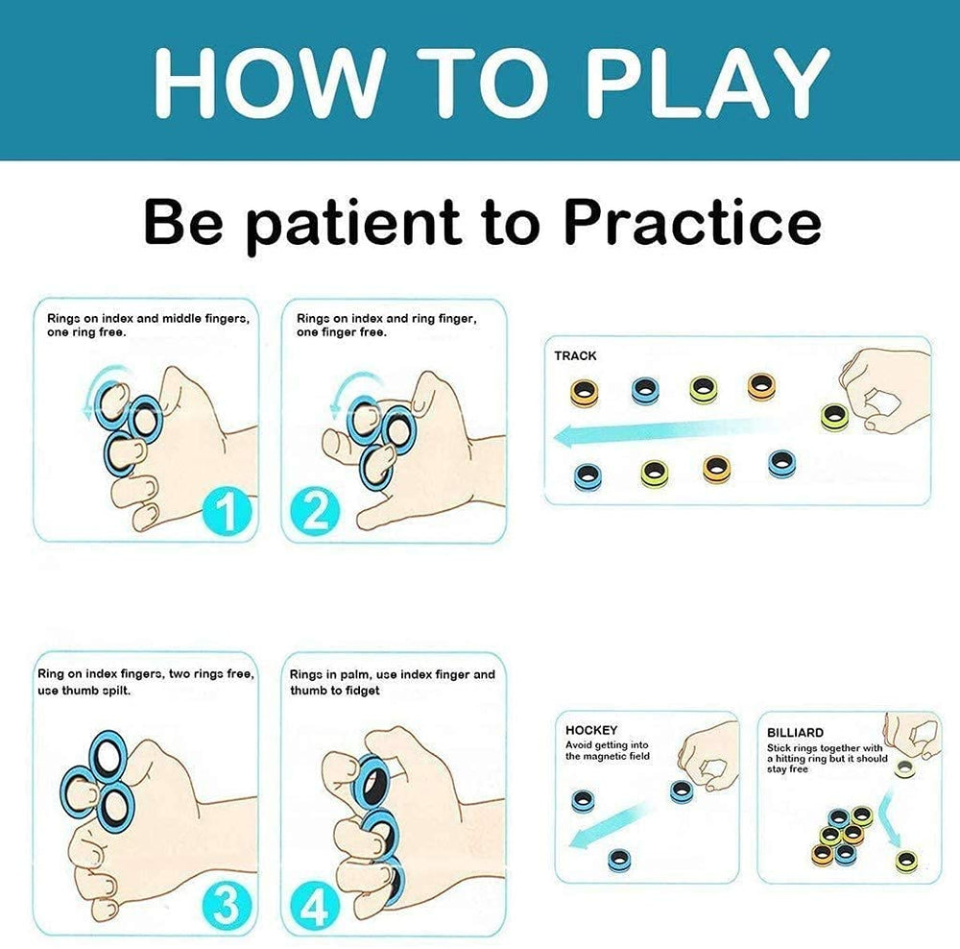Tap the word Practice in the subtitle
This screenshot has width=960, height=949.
click(x=692, y=222)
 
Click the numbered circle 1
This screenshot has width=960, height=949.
click(x=228, y=512)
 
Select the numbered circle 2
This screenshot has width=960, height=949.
click(x=315, y=512)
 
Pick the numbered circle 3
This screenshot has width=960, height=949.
click(x=227, y=905)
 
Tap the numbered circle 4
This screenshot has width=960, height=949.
click(x=315, y=907)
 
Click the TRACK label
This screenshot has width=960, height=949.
click(x=575, y=356)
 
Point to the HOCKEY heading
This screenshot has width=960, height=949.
click(x=590, y=730)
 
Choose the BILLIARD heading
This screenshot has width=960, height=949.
click(x=795, y=733)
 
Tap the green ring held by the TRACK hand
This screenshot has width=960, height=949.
click(x=834, y=417)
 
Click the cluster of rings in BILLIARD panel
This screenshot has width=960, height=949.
click(x=842, y=835)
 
